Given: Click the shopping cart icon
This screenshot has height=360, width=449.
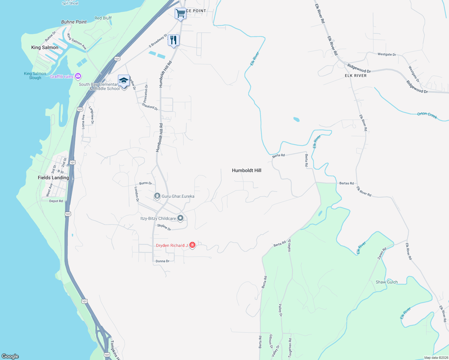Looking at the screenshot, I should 180,13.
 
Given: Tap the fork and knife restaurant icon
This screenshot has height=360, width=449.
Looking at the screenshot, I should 173,40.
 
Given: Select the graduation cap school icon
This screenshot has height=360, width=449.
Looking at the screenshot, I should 124,81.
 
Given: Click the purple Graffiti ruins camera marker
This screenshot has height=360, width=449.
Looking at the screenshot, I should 78,76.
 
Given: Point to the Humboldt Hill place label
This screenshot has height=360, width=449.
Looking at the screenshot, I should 246,170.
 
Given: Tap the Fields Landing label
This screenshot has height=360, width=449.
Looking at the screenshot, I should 53,178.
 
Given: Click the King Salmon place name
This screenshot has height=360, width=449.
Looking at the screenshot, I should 45,47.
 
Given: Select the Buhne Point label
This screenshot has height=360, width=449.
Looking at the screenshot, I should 74,22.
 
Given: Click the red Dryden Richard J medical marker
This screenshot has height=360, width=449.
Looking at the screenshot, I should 192,245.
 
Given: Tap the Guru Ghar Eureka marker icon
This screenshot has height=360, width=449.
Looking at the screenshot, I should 157,196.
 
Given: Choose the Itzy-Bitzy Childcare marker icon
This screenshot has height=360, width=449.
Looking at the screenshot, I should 180,218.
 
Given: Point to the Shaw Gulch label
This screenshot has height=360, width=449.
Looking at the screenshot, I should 387,282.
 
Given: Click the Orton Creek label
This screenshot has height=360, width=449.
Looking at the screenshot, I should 427,115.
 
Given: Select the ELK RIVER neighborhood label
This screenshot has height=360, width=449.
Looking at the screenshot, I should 356,76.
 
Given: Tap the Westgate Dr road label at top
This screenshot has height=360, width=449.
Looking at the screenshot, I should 387,54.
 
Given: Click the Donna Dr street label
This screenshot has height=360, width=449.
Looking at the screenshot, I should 162,261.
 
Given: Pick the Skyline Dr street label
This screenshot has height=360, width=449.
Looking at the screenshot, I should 164,227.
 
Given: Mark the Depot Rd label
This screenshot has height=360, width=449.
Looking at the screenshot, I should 56,201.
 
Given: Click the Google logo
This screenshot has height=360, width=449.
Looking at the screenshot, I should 10,356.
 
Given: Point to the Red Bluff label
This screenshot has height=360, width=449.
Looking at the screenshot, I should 103,18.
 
